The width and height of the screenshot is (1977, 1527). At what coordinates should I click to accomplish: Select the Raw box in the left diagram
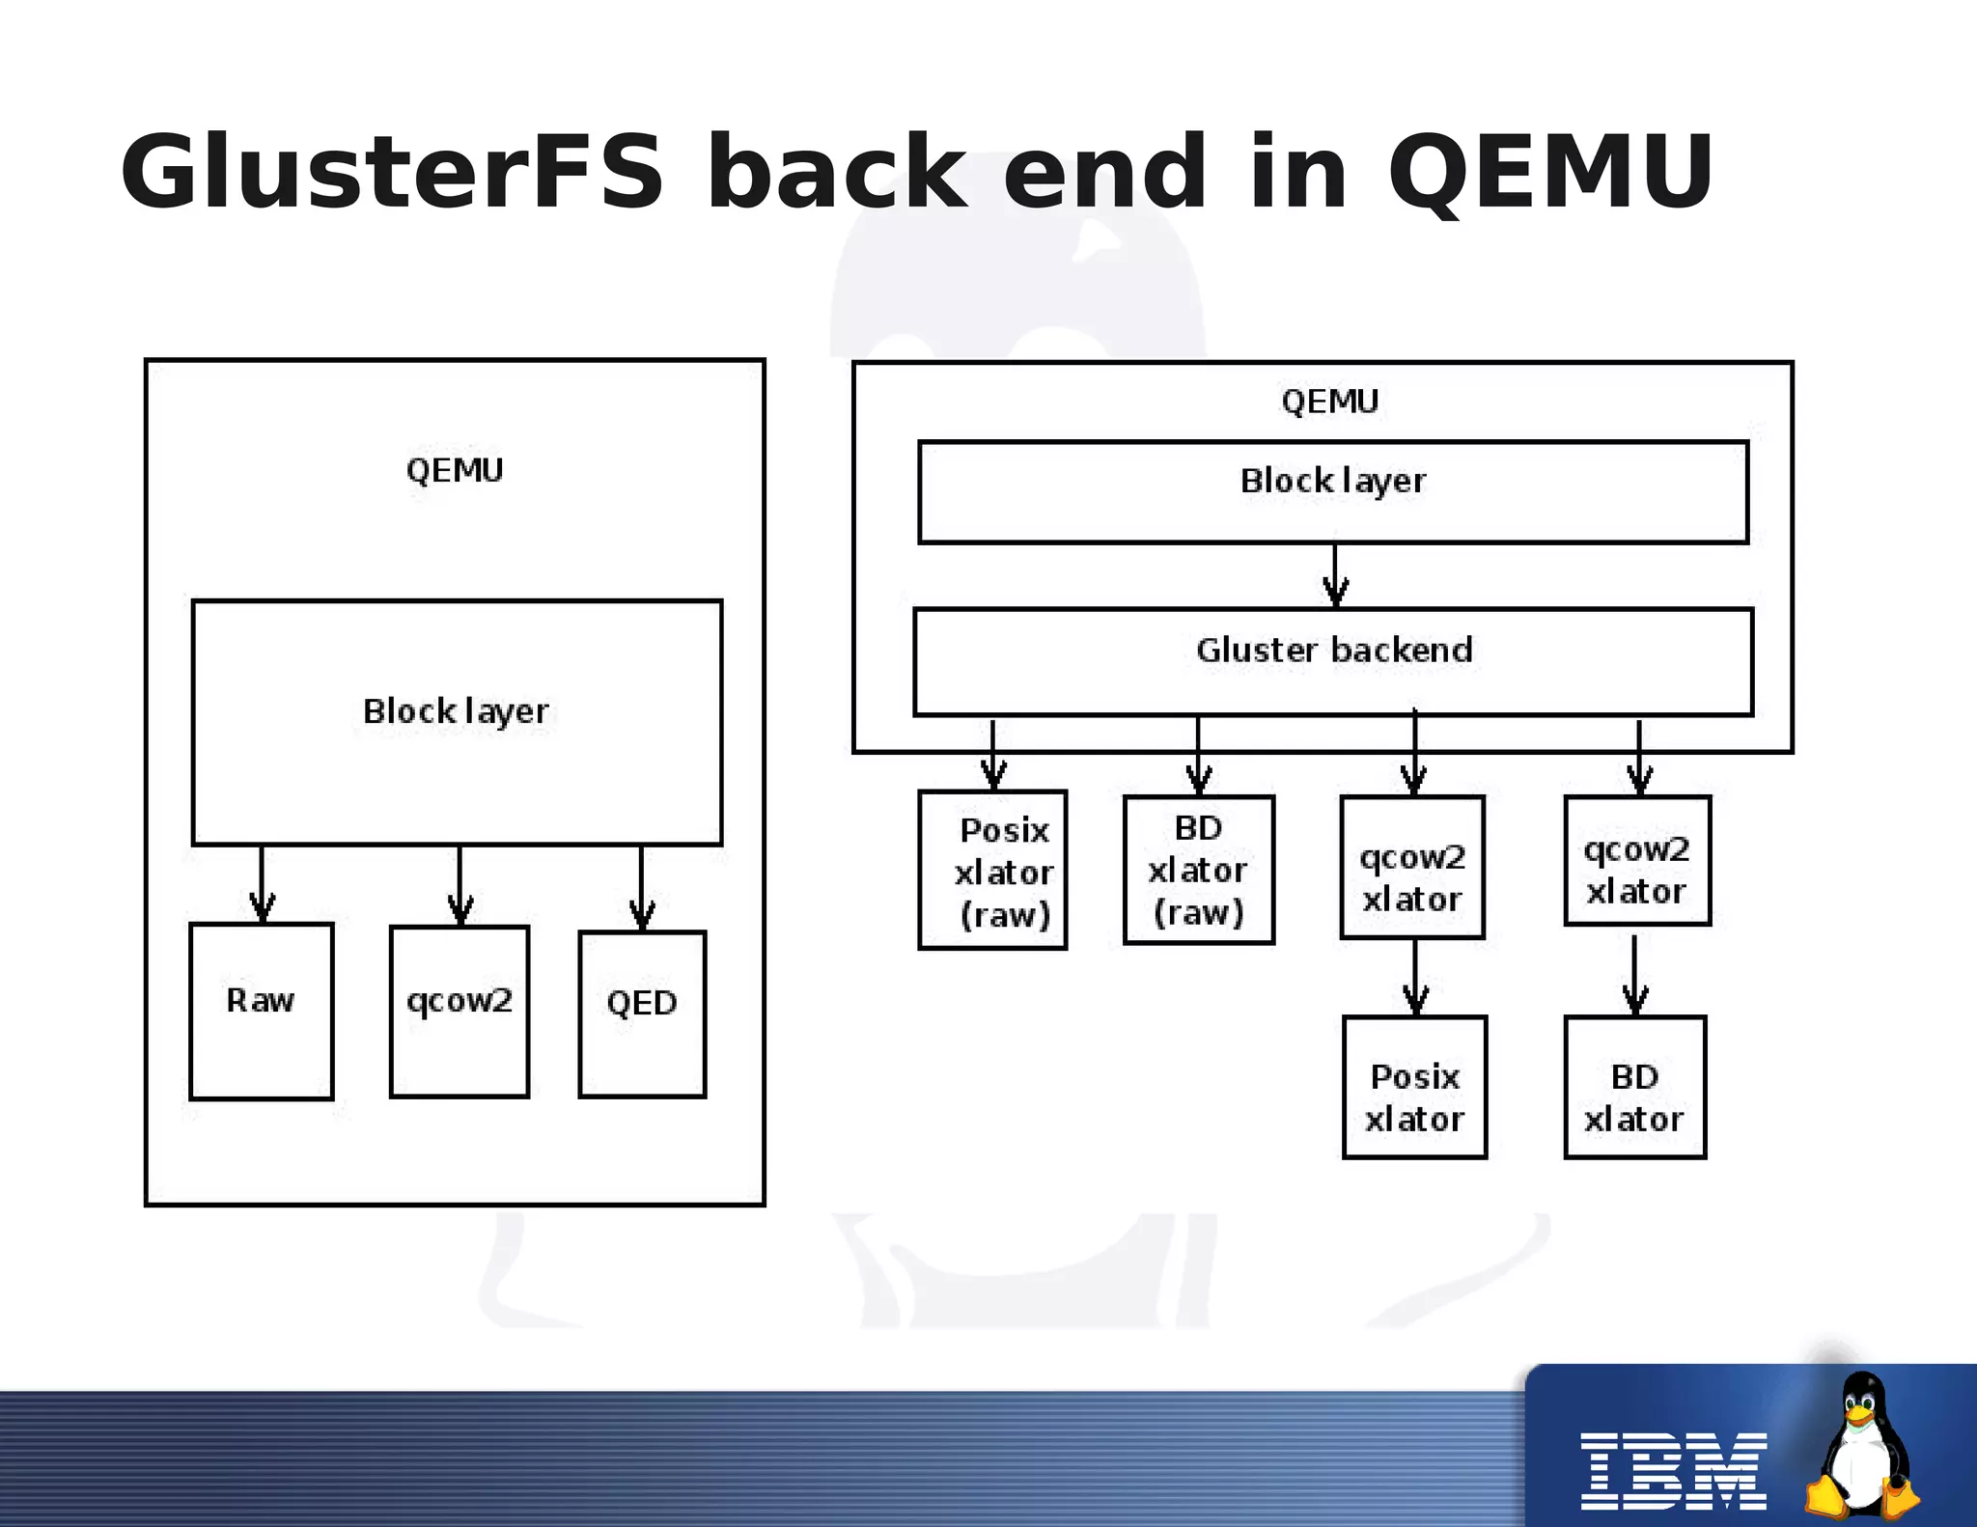261,1011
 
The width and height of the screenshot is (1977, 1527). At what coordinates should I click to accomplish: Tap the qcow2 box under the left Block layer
459,1011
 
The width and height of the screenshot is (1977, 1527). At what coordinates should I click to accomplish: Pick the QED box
642,1013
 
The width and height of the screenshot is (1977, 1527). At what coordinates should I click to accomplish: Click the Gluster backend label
1334,651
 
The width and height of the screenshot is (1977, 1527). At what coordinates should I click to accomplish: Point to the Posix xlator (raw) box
992,870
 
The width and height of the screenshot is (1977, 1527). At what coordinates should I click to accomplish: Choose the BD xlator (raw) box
1198,870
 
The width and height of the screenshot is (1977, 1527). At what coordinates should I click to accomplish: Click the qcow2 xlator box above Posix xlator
1412,867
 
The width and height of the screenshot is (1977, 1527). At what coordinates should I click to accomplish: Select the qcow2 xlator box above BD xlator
1637,860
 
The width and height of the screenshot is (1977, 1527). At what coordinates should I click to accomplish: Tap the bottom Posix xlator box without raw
1414,1087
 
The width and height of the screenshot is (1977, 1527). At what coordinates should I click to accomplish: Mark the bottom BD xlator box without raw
1634,1087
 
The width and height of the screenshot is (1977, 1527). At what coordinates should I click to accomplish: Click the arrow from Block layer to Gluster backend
1335,575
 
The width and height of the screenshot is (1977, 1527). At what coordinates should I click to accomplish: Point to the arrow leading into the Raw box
262,884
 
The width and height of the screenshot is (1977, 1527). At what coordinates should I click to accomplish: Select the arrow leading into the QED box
642,888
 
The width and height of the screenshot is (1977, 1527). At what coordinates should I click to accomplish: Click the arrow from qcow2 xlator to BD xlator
1634,975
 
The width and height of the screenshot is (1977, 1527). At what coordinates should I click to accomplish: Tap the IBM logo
1673,1471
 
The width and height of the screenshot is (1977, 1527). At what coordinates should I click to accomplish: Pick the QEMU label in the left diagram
455,471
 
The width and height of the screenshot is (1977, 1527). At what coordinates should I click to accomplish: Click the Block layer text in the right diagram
1333,481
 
